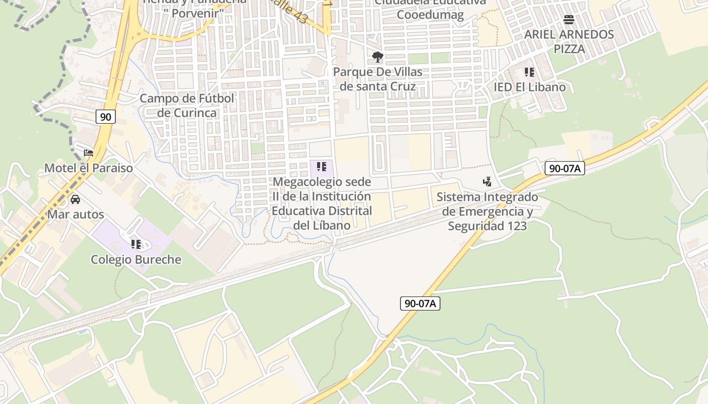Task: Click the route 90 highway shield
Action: coord(105,117)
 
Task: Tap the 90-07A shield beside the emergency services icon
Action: coord(564,168)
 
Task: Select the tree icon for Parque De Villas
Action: coord(377,57)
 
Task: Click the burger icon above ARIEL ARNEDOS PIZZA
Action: coord(569,20)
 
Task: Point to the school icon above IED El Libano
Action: coord(529,72)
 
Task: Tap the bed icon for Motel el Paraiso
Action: coord(88,153)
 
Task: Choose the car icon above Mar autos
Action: coord(75,199)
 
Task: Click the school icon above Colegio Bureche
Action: coord(136,244)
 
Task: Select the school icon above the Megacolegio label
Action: coord(322,167)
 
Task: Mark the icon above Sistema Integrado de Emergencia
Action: coord(487,182)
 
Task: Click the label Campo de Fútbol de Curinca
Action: coord(187,106)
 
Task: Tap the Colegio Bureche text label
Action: coord(136,260)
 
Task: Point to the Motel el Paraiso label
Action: coord(88,168)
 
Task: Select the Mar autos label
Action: coord(75,214)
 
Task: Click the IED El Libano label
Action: coord(529,87)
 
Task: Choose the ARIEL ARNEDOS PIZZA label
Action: coord(569,41)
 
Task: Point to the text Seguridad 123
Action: coord(487,226)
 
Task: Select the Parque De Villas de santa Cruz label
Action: coord(377,79)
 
